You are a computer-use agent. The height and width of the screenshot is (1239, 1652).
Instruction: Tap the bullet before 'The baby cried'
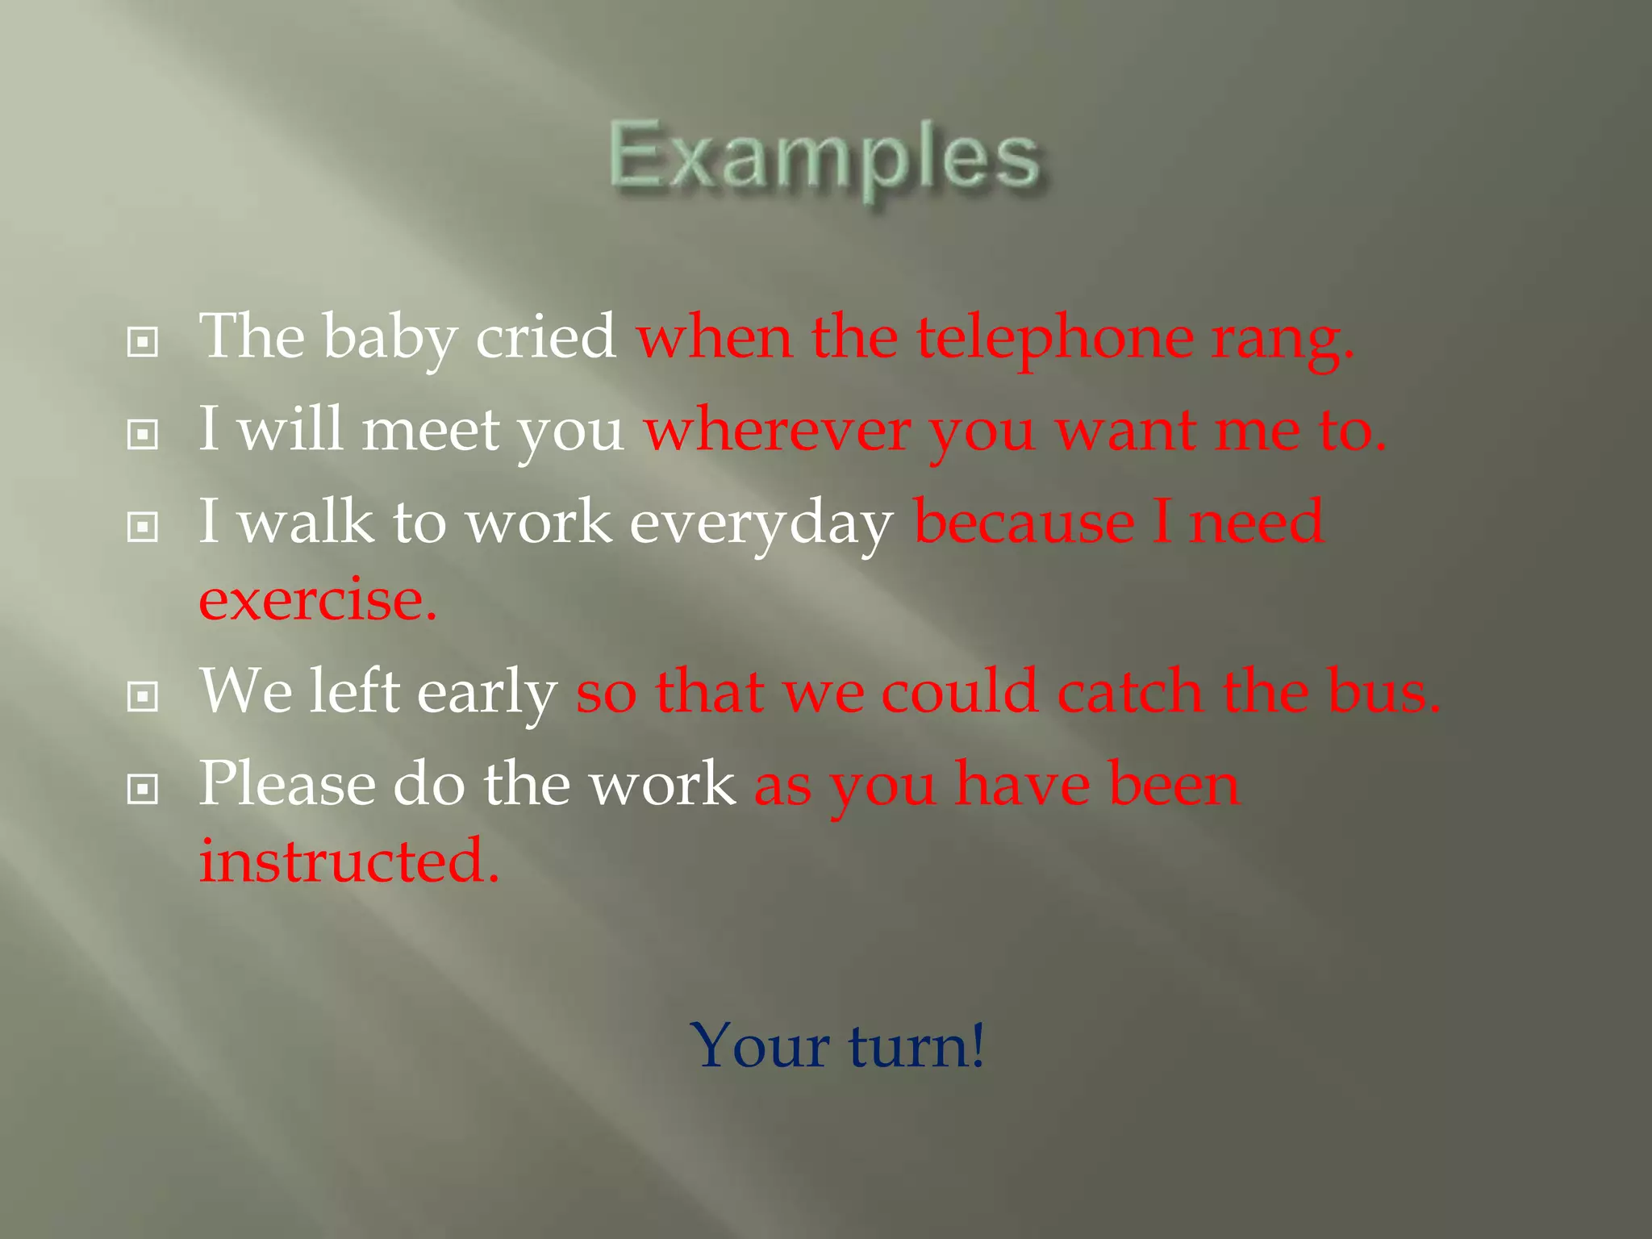[x=143, y=342]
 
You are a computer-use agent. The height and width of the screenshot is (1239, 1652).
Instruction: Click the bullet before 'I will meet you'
[x=143, y=435]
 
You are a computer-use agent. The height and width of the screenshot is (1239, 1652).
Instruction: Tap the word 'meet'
[x=431, y=431]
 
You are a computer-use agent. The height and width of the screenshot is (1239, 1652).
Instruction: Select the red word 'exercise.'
[x=318, y=601]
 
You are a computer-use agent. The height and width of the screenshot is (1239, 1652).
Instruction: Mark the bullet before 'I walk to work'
[x=143, y=528]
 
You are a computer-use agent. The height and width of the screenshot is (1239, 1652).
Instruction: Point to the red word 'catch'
[x=1130, y=692]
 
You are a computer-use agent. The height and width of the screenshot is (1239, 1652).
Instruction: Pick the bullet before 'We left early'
[x=143, y=696]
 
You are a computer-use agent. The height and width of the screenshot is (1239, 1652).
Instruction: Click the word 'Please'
[x=287, y=784]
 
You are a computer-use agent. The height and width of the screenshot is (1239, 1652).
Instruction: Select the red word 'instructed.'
[x=349, y=861]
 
